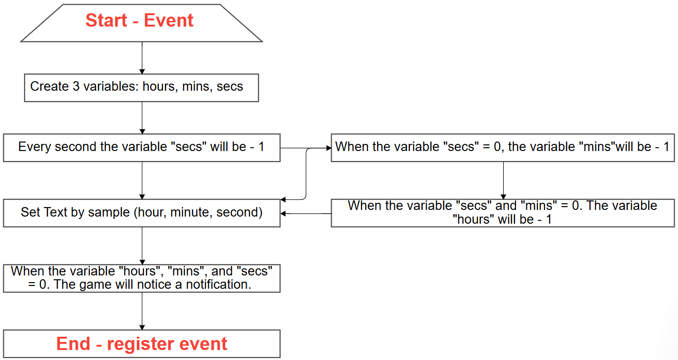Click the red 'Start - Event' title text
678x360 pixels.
tap(139, 20)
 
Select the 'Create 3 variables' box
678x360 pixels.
tap(142, 88)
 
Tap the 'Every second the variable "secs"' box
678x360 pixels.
tap(142, 148)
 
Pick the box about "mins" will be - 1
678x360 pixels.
tap(503, 148)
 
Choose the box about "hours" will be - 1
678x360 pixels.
tap(503, 213)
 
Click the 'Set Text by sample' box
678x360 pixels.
tap(142, 213)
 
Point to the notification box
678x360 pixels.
tap(142, 278)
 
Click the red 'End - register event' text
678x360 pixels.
tap(142, 344)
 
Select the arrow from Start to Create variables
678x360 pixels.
tap(142, 58)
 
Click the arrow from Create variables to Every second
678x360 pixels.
tap(142, 118)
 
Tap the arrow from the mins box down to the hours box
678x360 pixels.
tap(503, 180)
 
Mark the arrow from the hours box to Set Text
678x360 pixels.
tap(306, 214)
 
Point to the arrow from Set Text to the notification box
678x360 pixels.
tap(142, 246)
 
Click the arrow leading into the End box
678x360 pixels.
tap(142, 311)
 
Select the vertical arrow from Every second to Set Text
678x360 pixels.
tap(142, 180)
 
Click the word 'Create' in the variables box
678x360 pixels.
tap(49, 86)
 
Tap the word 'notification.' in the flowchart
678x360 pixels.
tap(219, 284)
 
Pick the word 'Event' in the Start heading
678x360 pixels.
tap(169, 20)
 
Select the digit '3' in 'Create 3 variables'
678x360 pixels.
tap(76, 86)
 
